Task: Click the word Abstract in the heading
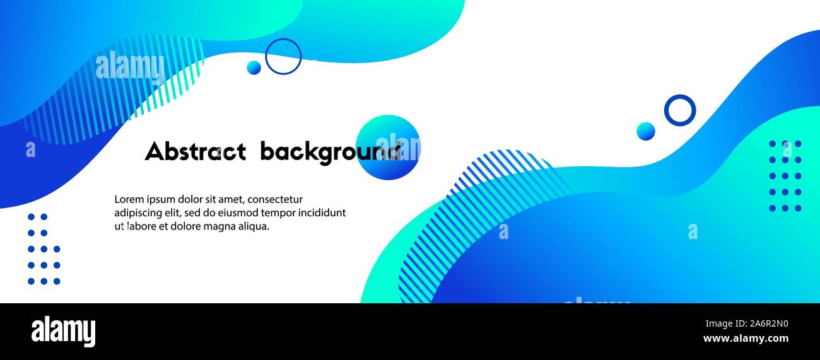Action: click(x=196, y=151)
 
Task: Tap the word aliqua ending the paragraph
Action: click(x=254, y=227)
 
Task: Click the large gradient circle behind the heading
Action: click(x=388, y=148)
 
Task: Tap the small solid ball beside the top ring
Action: click(x=254, y=67)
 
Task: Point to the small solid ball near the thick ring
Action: click(x=646, y=131)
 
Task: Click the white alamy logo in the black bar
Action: click(x=63, y=332)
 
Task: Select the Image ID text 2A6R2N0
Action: click(x=769, y=323)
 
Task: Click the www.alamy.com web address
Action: click(x=746, y=339)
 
